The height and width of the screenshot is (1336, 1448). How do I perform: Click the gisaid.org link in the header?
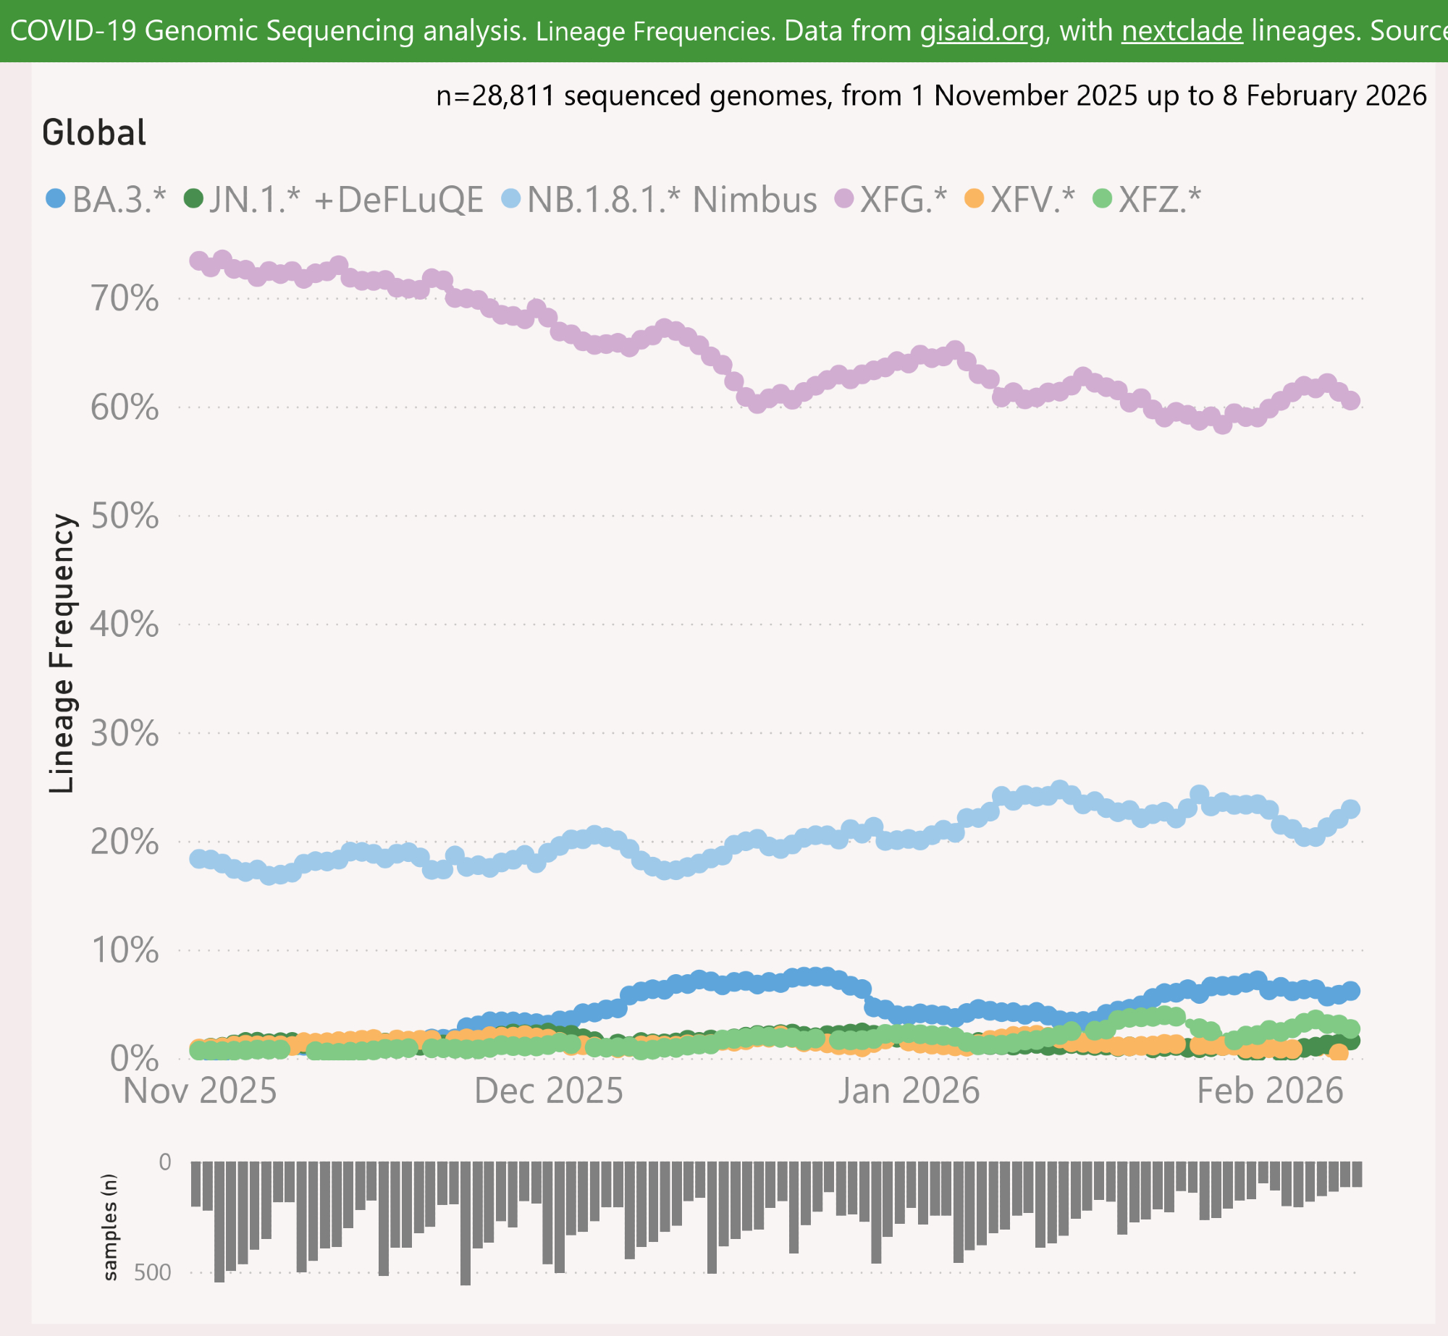pos(982,31)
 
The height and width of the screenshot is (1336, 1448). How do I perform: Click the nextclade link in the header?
pos(1182,31)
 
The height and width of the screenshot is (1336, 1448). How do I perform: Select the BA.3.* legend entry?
pos(106,200)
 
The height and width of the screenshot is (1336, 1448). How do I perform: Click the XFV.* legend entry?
pos(1021,200)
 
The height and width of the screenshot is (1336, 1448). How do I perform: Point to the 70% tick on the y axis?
pos(125,298)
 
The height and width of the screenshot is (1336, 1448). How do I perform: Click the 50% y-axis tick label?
pos(125,516)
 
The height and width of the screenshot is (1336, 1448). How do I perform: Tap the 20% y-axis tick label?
pos(125,842)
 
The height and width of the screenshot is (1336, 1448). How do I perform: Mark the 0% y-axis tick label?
pos(134,1059)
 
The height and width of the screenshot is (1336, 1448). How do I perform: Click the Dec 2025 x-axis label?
pos(548,1091)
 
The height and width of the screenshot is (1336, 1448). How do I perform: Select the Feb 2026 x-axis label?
pos(1270,1091)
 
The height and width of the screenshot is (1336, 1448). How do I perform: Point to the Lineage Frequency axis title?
pos(62,653)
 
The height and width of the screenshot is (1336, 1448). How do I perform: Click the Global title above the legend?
pos(94,133)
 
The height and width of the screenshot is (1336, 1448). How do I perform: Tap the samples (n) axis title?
pos(109,1227)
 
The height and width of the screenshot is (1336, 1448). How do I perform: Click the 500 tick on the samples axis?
pos(152,1273)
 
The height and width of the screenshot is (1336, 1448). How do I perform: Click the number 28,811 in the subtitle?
pos(513,96)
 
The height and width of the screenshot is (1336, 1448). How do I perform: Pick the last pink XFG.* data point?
pos(1350,400)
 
